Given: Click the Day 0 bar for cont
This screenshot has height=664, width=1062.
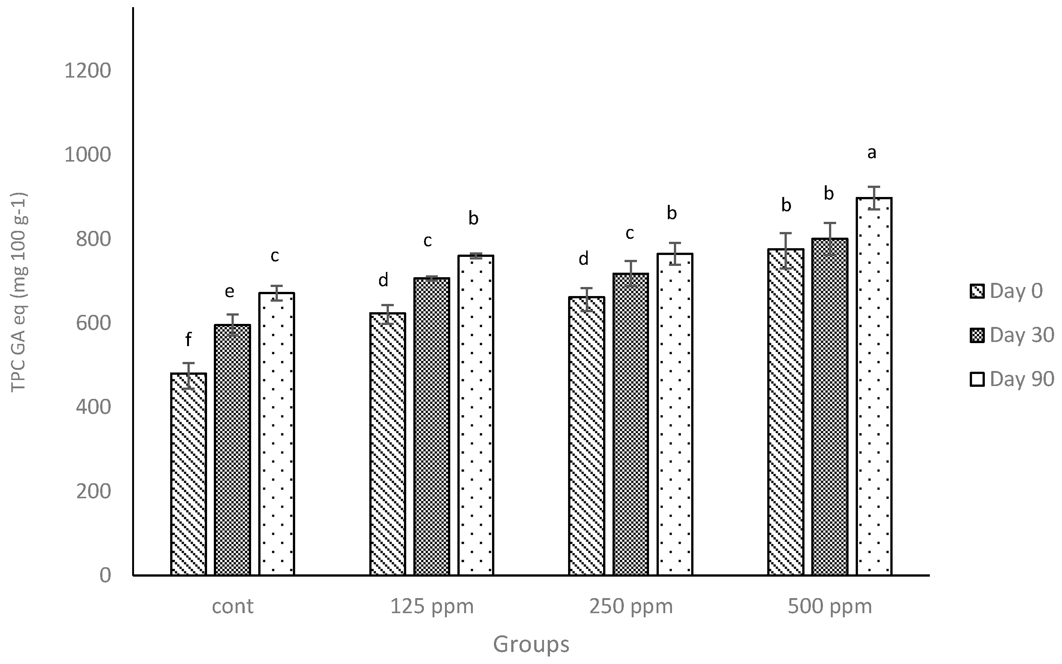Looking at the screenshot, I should pyautogui.click(x=188, y=474).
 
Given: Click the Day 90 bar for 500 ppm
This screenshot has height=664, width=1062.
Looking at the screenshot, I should pyautogui.click(x=874, y=386).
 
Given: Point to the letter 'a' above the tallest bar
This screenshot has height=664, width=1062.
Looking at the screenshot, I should pyautogui.click(x=872, y=153).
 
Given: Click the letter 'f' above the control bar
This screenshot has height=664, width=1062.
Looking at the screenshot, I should pyautogui.click(x=188, y=339).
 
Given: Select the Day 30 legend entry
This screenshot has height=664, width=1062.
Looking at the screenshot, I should pyautogui.click(x=1012, y=335).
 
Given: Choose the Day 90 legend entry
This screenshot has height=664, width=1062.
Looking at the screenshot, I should pyautogui.click(x=1012, y=379).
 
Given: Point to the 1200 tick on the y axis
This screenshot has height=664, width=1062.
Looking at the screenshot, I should pyautogui.click(x=88, y=71).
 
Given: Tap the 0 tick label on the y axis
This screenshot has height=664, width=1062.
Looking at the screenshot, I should pyautogui.click(x=105, y=575).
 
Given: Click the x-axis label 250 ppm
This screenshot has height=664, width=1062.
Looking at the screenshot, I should pyautogui.click(x=631, y=607).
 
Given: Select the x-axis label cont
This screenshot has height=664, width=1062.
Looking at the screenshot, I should pyautogui.click(x=233, y=607).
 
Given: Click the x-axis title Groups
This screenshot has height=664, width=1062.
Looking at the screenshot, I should pyautogui.click(x=531, y=645).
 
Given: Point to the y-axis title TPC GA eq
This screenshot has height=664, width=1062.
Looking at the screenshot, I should pyautogui.click(x=19, y=292).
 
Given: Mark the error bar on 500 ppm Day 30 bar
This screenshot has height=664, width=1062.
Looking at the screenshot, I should pyautogui.click(x=829, y=239).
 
